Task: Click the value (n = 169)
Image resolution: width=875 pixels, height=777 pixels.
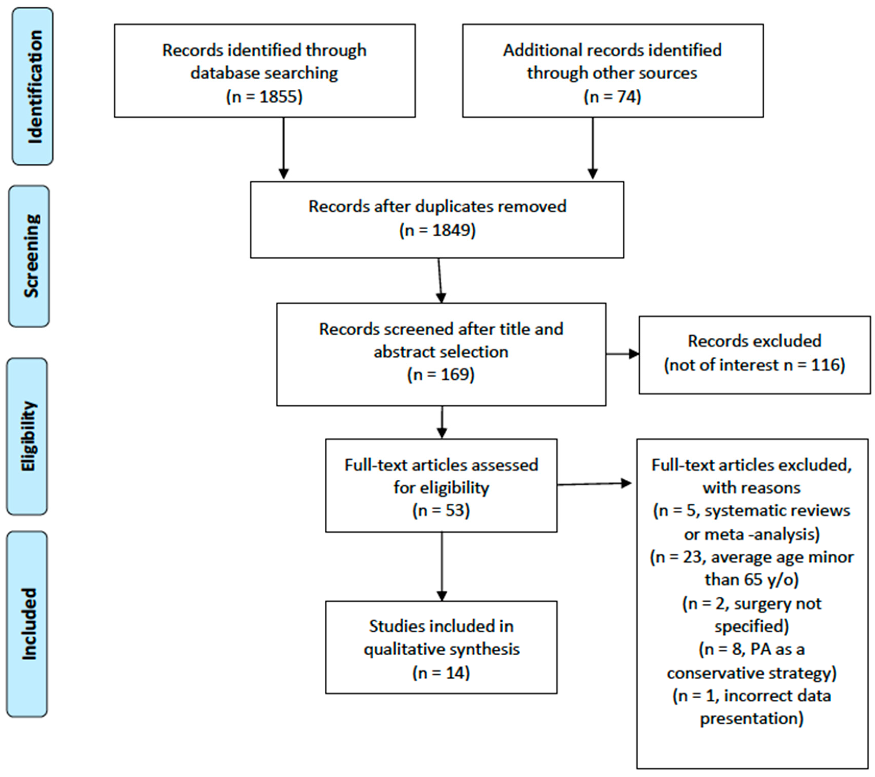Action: click(x=441, y=374)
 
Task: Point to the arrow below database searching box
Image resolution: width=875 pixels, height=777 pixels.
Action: click(x=283, y=148)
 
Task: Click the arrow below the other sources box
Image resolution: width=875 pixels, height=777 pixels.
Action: click(x=592, y=148)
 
